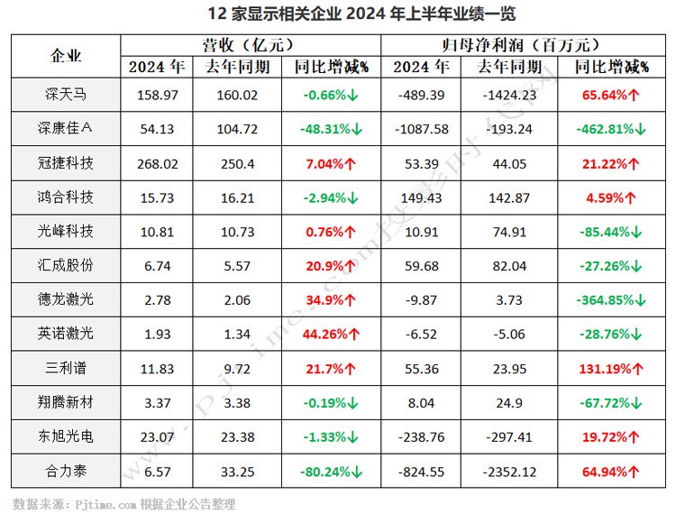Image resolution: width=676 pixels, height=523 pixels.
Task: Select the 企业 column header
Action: [x=68, y=56]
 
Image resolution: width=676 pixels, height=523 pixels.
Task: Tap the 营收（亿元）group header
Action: [x=250, y=44]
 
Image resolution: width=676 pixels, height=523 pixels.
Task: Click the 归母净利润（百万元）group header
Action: [x=522, y=44]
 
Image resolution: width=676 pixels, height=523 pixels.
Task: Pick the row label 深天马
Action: [x=68, y=95]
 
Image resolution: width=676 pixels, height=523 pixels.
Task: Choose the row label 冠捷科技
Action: [x=68, y=162]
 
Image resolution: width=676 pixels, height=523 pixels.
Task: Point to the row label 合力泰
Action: [x=68, y=470]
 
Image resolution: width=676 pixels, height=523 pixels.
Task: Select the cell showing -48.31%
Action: [x=330, y=129]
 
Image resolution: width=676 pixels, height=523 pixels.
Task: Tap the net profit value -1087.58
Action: [x=421, y=129]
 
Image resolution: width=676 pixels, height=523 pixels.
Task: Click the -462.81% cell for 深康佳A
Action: [x=610, y=129]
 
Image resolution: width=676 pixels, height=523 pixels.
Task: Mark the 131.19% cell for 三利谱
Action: [x=610, y=368]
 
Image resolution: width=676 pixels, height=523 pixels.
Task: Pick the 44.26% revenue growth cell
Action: [x=330, y=334]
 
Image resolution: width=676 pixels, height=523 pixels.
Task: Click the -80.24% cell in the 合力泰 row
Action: [x=330, y=470]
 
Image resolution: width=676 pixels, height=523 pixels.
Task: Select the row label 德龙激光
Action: [x=68, y=299]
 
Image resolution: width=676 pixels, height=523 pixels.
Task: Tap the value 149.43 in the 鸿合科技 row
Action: [x=421, y=197]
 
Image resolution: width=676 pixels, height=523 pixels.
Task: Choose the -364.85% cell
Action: [x=610, y=299]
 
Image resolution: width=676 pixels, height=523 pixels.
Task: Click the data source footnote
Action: [x=123, y=504]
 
